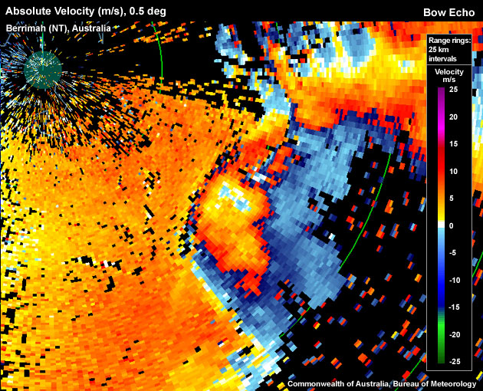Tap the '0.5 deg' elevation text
154,11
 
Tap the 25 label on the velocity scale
452,90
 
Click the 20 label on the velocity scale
452,117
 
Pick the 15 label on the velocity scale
452,144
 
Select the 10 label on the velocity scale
452,171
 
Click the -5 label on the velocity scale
452,253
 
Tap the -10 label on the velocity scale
453,280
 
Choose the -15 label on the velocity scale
453,307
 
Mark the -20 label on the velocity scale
453,334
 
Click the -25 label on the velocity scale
453,361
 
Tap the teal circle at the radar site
42,70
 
